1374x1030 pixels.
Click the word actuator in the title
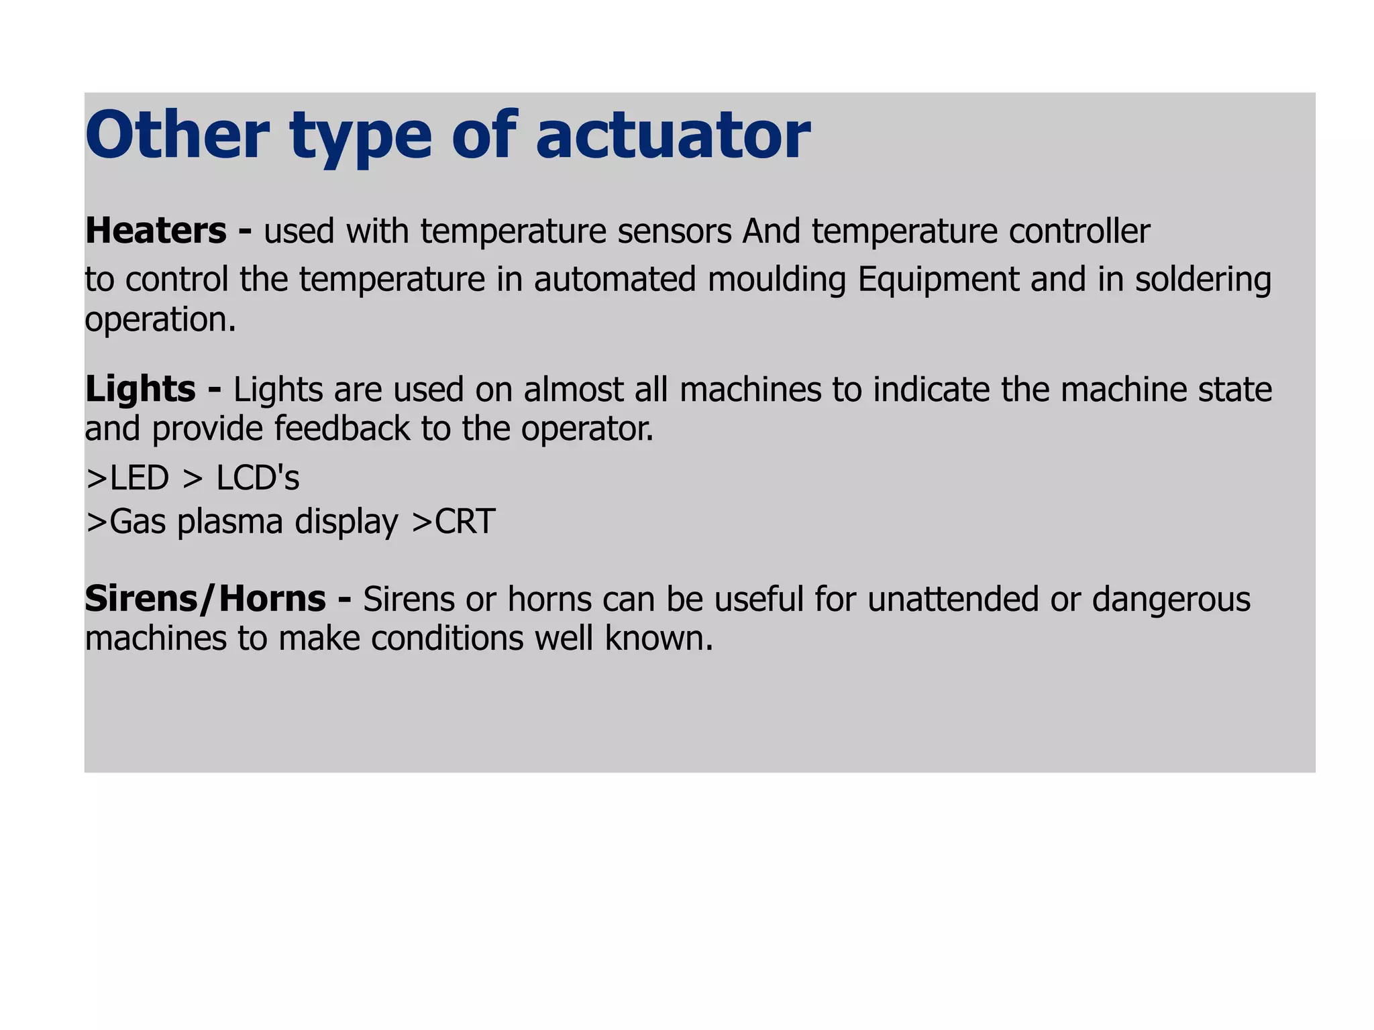[673, 136]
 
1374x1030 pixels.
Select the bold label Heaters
[156, 231]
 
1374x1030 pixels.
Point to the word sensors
[674, 231]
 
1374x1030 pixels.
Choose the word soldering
[1203, 280]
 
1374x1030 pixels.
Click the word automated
[615, 280]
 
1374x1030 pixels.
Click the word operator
[587, 430]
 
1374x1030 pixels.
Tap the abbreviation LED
[139, 479]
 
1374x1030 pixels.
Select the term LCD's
[258, 479]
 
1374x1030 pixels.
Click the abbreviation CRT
[465, 522]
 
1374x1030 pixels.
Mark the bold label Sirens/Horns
[205, 599]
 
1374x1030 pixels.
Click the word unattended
[953, 599]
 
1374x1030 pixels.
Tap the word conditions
[447, 638]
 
